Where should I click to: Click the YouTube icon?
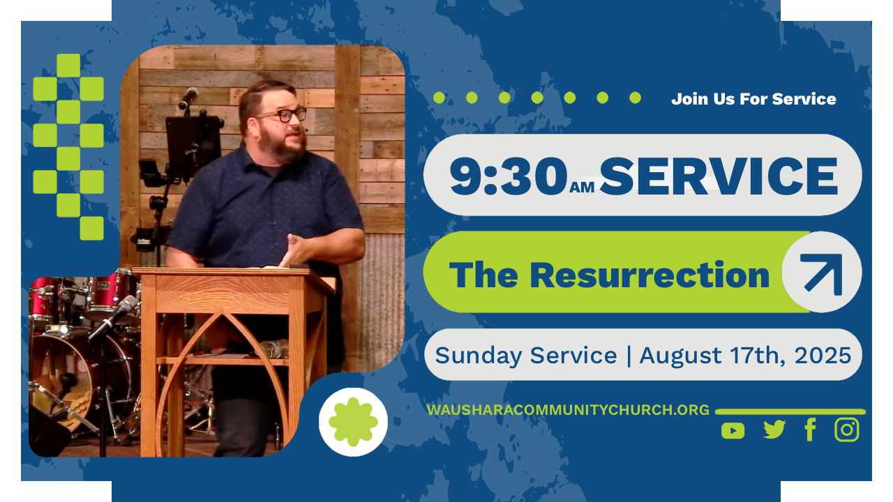pos(733,431)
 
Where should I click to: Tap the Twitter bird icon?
pos(774,429)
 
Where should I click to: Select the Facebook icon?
pos(811,429)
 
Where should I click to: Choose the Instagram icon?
pos(847,429)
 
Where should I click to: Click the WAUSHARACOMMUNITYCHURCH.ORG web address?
pos(568,410)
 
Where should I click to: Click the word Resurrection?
pos(650,275)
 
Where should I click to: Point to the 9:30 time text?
pos(509,175)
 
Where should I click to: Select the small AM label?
pos(582,187)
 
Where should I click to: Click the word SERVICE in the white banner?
pos(719,176)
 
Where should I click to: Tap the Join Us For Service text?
pos(753,99)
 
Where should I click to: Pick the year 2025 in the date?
pos(823,355)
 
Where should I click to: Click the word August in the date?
pos(680,356)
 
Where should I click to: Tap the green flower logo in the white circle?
pos(353,422)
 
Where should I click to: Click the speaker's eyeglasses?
pos(283,115)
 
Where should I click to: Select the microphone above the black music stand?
pos(188,98)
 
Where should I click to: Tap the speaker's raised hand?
pos(297,250)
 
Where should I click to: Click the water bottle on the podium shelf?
pos(274,348)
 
